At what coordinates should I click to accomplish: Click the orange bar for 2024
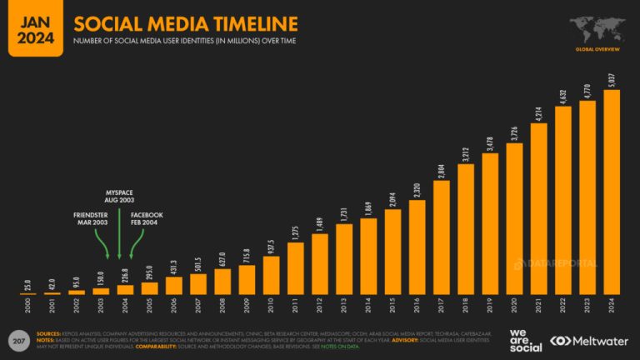click(x=611, y=192)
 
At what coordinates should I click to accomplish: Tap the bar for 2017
click(x=442, y=237)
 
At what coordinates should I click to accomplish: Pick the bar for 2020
click(x=514, y=219)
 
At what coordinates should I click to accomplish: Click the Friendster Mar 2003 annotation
click(x=89, y=220)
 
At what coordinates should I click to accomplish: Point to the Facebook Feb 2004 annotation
click(x=146, y=220)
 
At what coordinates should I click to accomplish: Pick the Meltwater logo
click(x=588, y=342)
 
